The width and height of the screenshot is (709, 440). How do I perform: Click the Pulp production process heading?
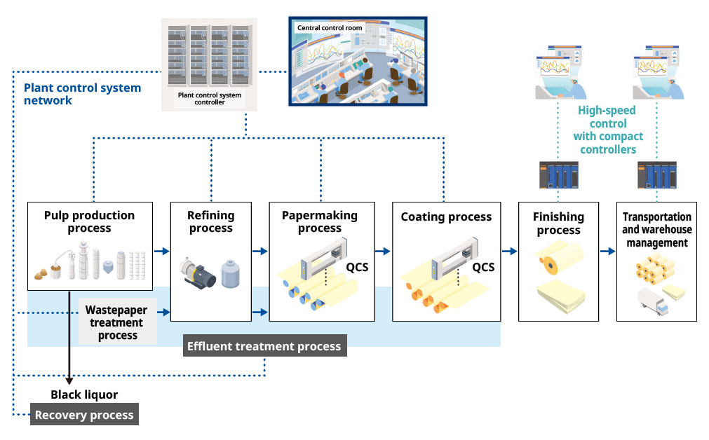click(x=89, y=221)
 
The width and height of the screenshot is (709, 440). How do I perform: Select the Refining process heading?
click(x=210, y=221)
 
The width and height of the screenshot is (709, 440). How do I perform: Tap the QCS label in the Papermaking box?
click(x=357, y=267)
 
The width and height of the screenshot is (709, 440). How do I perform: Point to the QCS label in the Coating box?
click(x=482, y=267)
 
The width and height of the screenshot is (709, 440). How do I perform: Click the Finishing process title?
click(x=558, y=223)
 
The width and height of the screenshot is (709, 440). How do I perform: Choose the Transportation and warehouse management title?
click(x=656, y=230)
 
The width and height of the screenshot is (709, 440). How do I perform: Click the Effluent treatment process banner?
click(x=264, y=346)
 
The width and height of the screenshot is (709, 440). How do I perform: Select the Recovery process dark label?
click(x=84, y=415)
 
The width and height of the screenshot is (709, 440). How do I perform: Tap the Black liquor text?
click(x=84, y=395)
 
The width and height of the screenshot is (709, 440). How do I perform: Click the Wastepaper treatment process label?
click(x=117, y=322)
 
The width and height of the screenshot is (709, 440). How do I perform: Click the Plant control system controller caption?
click(x=209, y=99)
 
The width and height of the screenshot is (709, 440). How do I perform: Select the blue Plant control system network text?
click(x=82, y=94)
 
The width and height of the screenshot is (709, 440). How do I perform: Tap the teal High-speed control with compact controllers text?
click(x=607, y=130)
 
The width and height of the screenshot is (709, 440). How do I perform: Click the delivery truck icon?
click(x=652, y=301)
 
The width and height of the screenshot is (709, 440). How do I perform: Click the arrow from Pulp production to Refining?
click(x=162, y=251)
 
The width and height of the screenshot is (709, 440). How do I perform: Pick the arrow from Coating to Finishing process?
click(x=510, y=251)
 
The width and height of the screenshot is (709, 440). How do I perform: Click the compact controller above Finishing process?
click(x=559, y=175)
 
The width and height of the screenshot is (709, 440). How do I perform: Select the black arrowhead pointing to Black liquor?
click(x=69, y=380)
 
